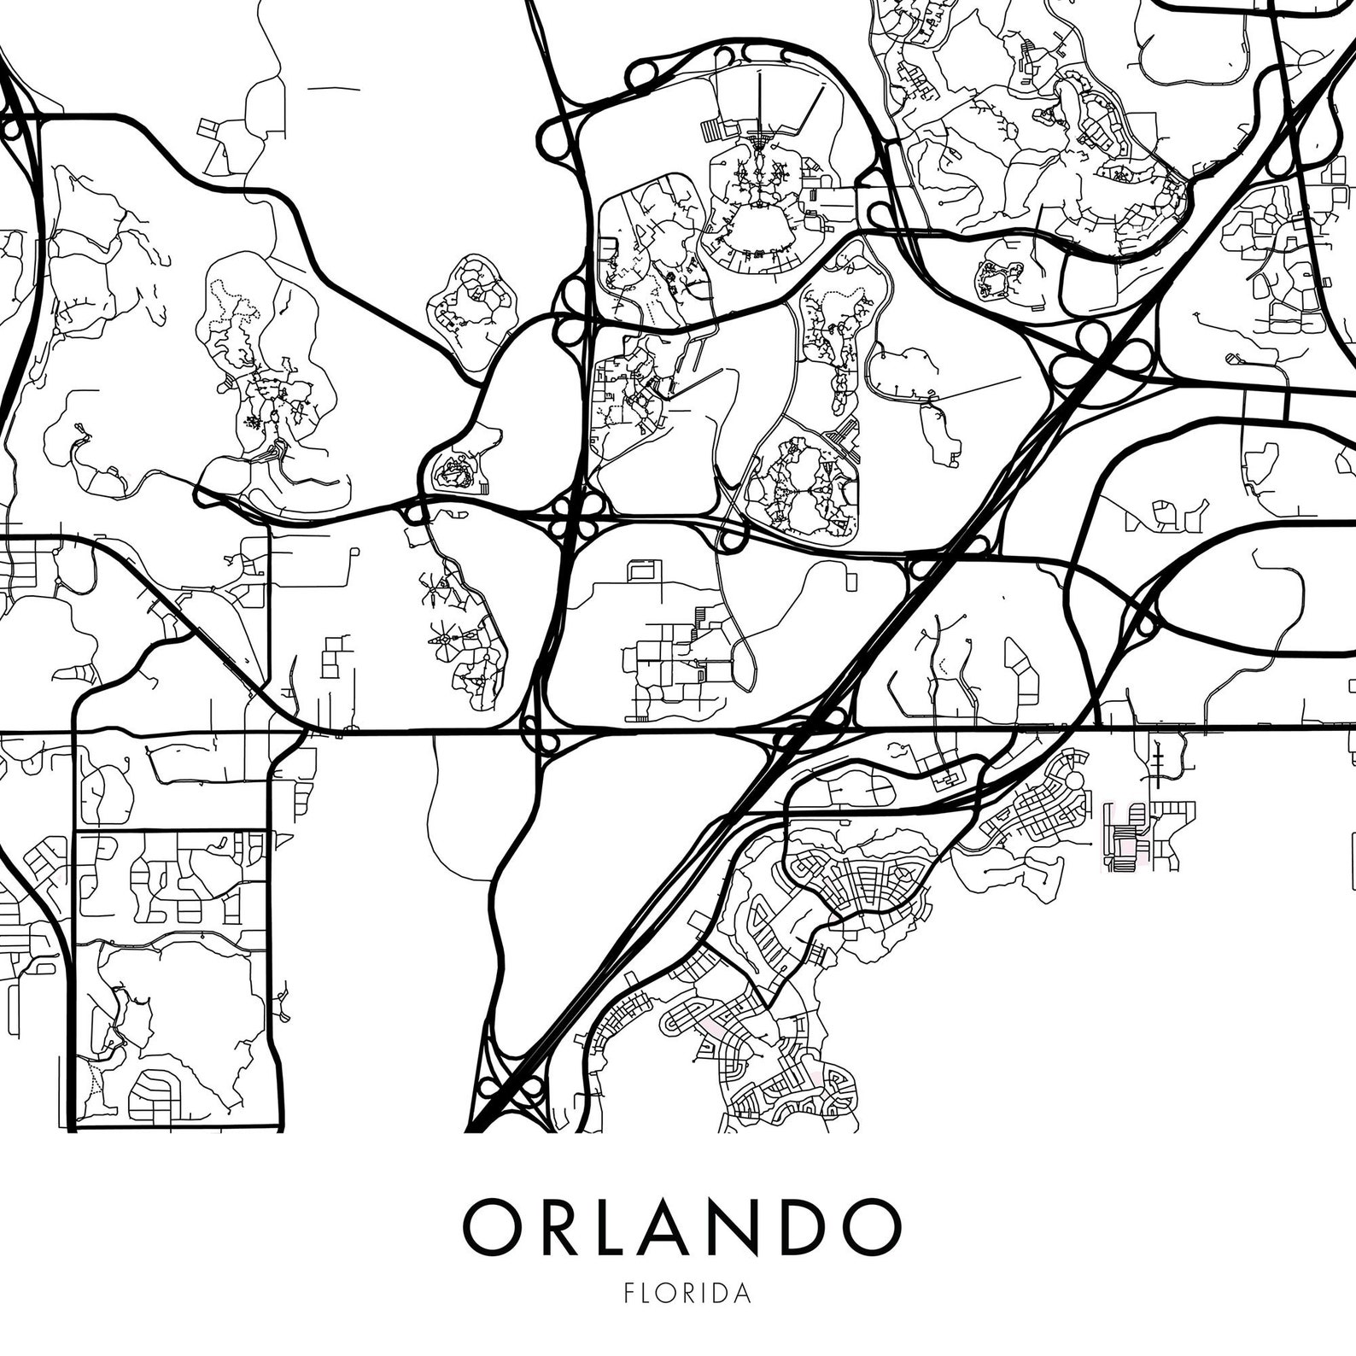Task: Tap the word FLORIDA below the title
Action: pyautogui.click(x=688, y=1293)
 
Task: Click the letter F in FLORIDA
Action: pyautogui.click(x=629, y=1293)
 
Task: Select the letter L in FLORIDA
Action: pyautogui.click(x=648, y=1293)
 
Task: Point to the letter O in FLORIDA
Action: pyautogui.click(x=669, y=1293)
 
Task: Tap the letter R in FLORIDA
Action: pyautogui.click(x=693, y=1293)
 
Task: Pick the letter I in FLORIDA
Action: pyautogui.click(x=710, y=1293)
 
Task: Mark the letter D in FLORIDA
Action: pyautogui.click(x=725, y=1293)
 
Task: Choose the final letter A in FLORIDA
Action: pyautogui.click(x=745, y=1293)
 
